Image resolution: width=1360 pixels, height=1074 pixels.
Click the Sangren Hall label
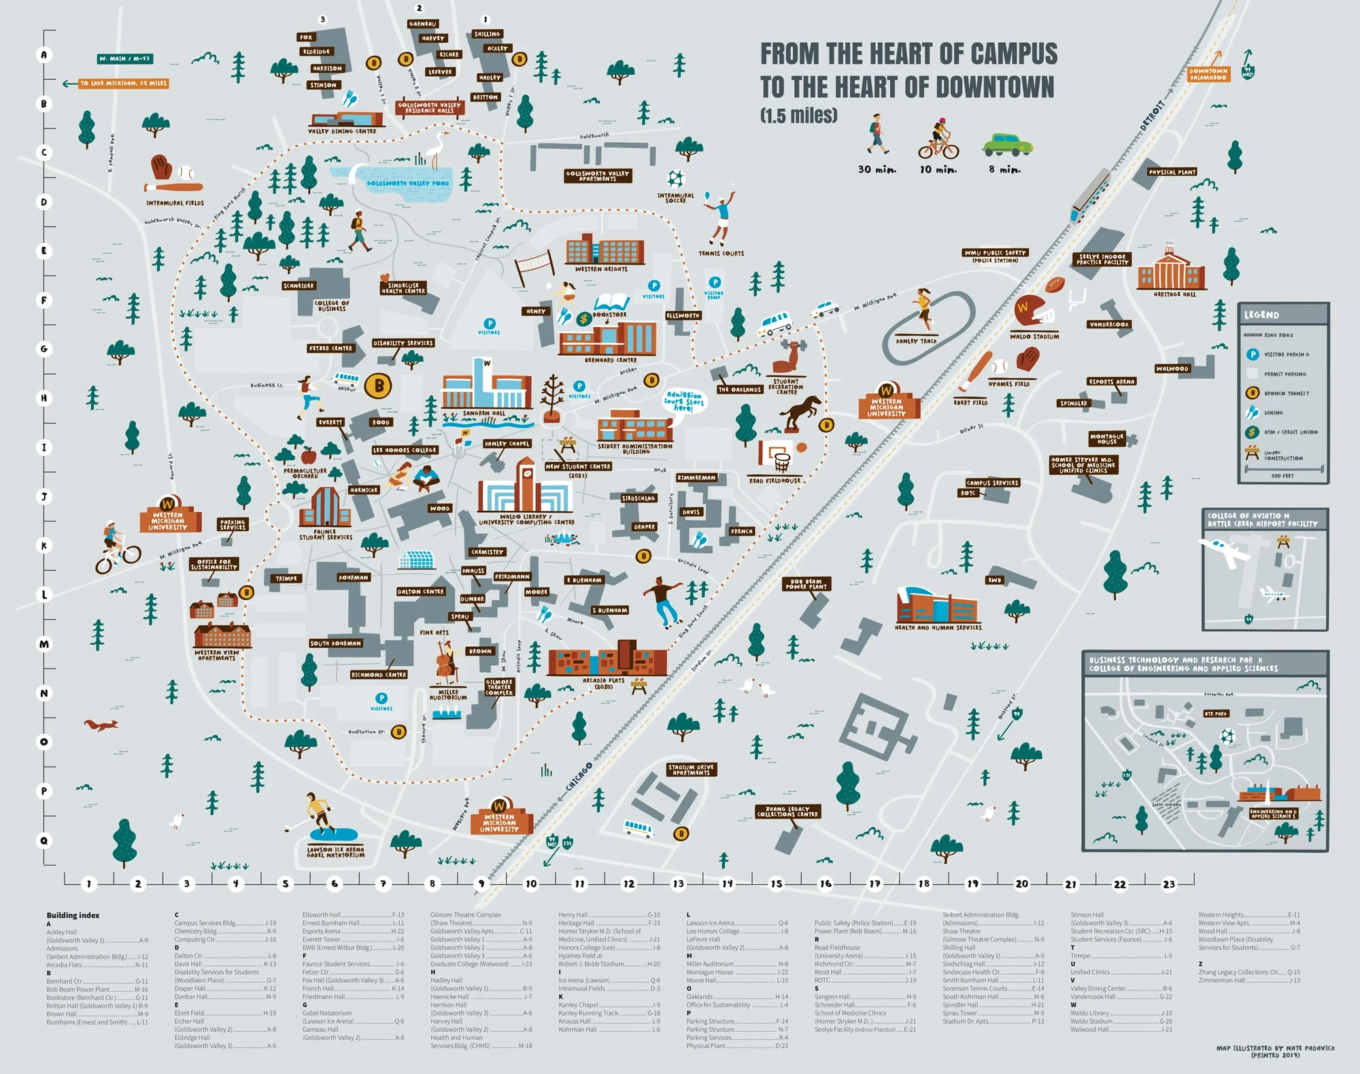tap(484, 414)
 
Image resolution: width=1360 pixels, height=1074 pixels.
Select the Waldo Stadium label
tap(1034, 337)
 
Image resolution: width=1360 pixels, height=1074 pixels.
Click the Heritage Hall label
tap(1174, 295)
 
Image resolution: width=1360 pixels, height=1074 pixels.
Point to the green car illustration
tap(1007, 144)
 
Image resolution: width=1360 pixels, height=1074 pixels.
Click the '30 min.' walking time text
tap(877, 169)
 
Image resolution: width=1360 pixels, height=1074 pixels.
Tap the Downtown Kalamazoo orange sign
tap(1208, 74)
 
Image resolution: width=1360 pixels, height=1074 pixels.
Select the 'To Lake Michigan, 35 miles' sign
tap(123, 84)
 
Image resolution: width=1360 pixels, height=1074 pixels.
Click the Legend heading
tap(1261, 315)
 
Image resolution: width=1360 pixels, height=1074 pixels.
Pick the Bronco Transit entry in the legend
tap(1286, 393)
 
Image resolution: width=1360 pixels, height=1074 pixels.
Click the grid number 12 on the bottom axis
tap(629, 884)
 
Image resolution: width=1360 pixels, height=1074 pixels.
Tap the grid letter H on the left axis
tap(44, 398)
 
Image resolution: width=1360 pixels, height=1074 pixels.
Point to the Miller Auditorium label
tap(448, 694)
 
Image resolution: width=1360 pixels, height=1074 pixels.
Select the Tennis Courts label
tap(721, 254)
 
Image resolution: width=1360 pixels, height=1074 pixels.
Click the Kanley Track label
tap(916, 341)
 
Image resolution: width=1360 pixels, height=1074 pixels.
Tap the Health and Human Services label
tap(938, 627)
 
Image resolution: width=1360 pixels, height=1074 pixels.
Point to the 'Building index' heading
tap(73, 916)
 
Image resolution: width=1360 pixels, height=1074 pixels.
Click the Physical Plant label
tap(1172, 173)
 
